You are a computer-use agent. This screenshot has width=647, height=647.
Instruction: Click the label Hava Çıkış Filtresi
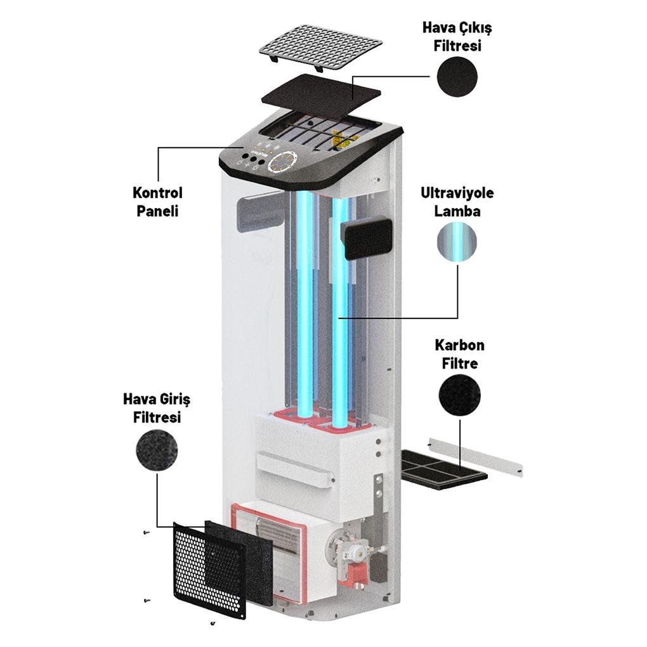tap(457, 37)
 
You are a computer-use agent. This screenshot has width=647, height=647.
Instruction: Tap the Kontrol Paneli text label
tap(157, 202)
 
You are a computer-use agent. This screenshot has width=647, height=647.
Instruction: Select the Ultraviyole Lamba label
tap(457, 202)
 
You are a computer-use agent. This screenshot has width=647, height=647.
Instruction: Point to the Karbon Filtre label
tap(459, 354)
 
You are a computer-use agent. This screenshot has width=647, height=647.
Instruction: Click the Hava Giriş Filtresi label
tap(157, 408)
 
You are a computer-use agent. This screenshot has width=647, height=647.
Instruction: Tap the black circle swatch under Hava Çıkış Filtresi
tap(457, 76)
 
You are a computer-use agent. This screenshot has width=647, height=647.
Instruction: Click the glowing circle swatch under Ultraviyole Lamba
tap(457, 243)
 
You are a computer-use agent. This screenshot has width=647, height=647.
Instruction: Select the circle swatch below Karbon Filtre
tap(459, 395)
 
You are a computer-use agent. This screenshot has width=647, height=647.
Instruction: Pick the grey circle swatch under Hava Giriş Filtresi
tap(157, 450)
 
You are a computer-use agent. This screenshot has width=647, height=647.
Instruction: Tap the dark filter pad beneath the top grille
tap(321, 93)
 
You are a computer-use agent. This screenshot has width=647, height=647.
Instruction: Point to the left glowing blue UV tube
tap(305, 304)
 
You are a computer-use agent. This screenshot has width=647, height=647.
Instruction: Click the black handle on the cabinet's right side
tap(366, 237)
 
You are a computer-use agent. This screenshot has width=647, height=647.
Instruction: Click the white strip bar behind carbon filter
tap(476, 455)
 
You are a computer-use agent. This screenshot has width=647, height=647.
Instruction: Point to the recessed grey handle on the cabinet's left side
tap(258, 214)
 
